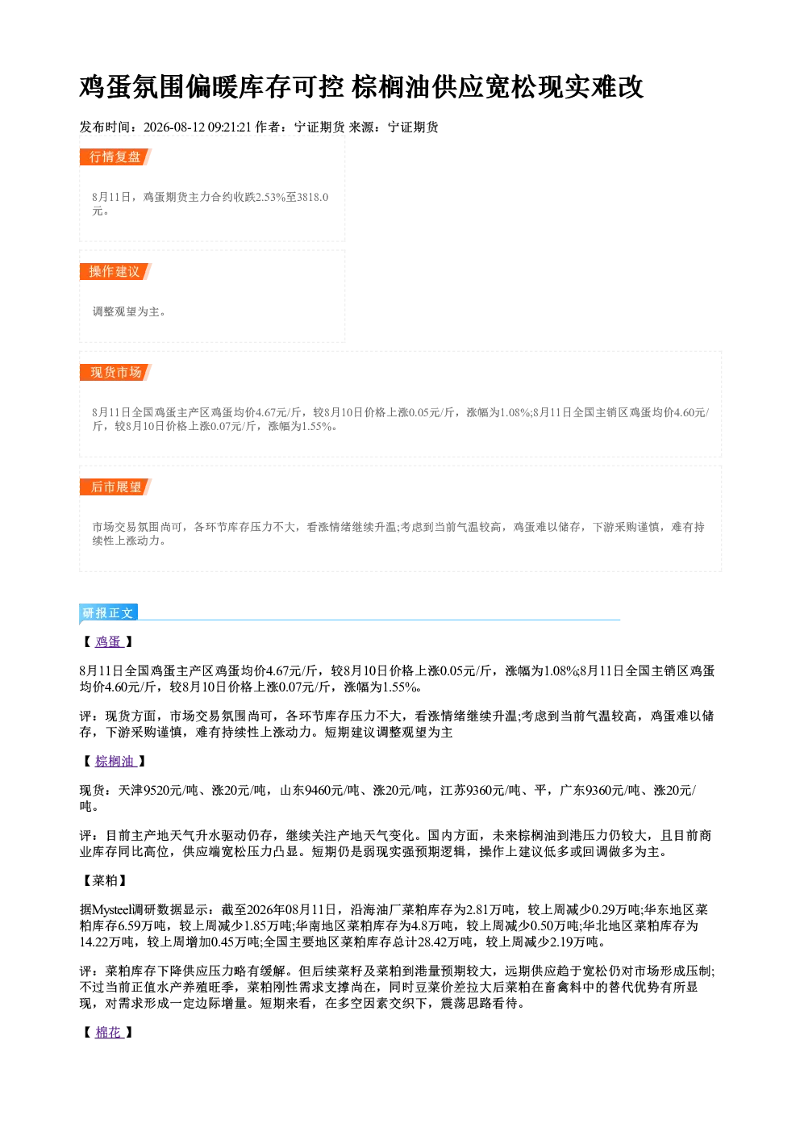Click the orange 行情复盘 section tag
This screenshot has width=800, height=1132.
click(x=115, y=157)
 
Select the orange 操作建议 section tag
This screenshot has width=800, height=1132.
click(x=115, y=271)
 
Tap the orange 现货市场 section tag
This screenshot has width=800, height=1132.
click(x=115, y=373)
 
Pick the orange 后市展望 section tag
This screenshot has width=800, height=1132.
click(x=115, y=487)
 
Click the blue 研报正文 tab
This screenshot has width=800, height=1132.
click(x=108, y=613)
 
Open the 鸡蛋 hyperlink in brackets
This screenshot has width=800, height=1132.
click(x=108, y=641)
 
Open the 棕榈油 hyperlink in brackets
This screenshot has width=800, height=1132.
click(x=115, y=761)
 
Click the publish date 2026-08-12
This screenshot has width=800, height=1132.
click(x=174, y=127)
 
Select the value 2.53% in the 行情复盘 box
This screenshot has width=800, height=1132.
click(x=271, y=197)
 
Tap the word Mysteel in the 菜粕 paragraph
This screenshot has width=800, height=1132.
click(x=111, y=909)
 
